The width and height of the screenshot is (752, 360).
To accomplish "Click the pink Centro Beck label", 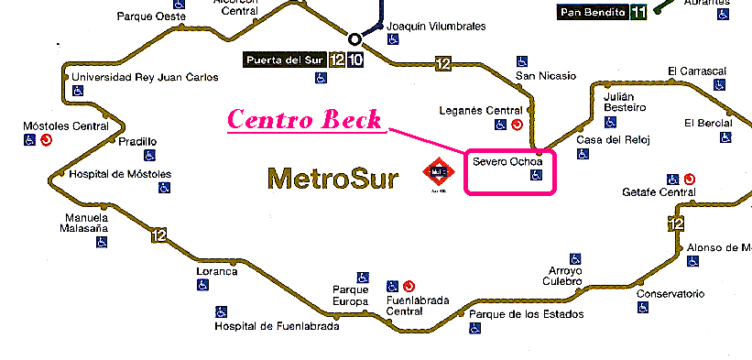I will [304, 120].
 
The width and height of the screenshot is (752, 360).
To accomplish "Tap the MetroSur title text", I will [332, 178].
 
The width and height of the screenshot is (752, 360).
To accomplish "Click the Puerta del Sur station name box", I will [284, 61].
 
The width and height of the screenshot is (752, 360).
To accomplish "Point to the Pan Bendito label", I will [592, 12].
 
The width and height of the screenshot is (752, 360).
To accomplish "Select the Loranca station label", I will [216, 271].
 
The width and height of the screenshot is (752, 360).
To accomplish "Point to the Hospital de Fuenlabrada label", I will [277, 326].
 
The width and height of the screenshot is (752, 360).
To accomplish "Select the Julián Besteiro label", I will [625, 102].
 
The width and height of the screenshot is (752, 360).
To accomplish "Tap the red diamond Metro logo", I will [437, 171].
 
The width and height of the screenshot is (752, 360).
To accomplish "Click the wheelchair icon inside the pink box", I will [537, 177].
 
